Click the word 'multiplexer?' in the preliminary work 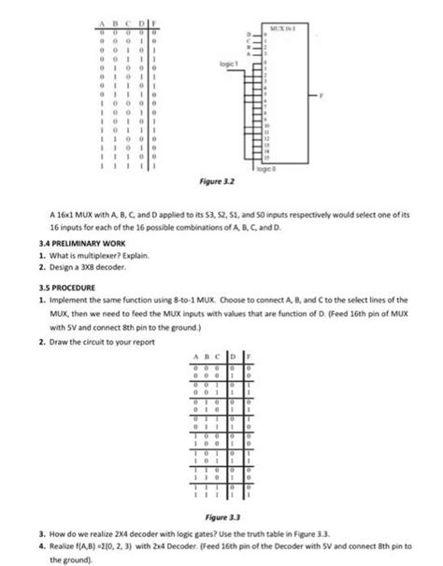click(91, 253)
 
